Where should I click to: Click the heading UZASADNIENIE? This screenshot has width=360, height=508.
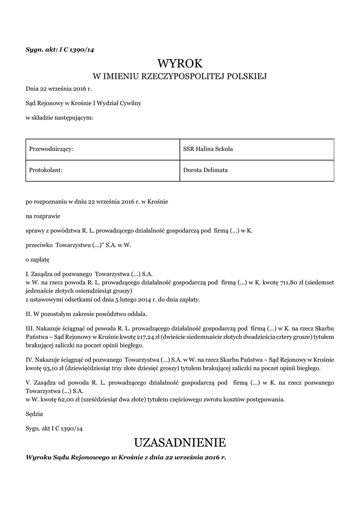pyautogui.click(x=180, y=442)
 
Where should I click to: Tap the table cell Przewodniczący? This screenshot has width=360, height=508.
pyautogui.click(x=102, y=149)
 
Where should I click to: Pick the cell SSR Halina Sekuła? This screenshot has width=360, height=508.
pyautogui.click(x=256, y=149)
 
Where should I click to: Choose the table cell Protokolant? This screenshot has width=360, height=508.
pyautogui.click(x=102, y=170)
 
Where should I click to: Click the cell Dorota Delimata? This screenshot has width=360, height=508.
pyautogui.click(x=256, y=170)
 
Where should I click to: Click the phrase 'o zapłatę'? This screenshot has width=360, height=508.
pyautogui.click(x=38, y=259)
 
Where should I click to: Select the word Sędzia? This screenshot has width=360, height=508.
pyautogui.click(x=34, y=413)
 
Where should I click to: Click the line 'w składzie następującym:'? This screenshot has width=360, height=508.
pyautogui.click(x=60, y=118)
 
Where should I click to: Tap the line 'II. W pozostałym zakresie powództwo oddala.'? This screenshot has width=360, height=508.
pyautogui.click(x=86, y=314)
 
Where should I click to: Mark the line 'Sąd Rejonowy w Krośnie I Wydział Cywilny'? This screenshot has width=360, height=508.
pyautogui.click(x=83, y=103)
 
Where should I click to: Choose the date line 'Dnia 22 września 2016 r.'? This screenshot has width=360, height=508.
pyautogui.click(x=59, y=89)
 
